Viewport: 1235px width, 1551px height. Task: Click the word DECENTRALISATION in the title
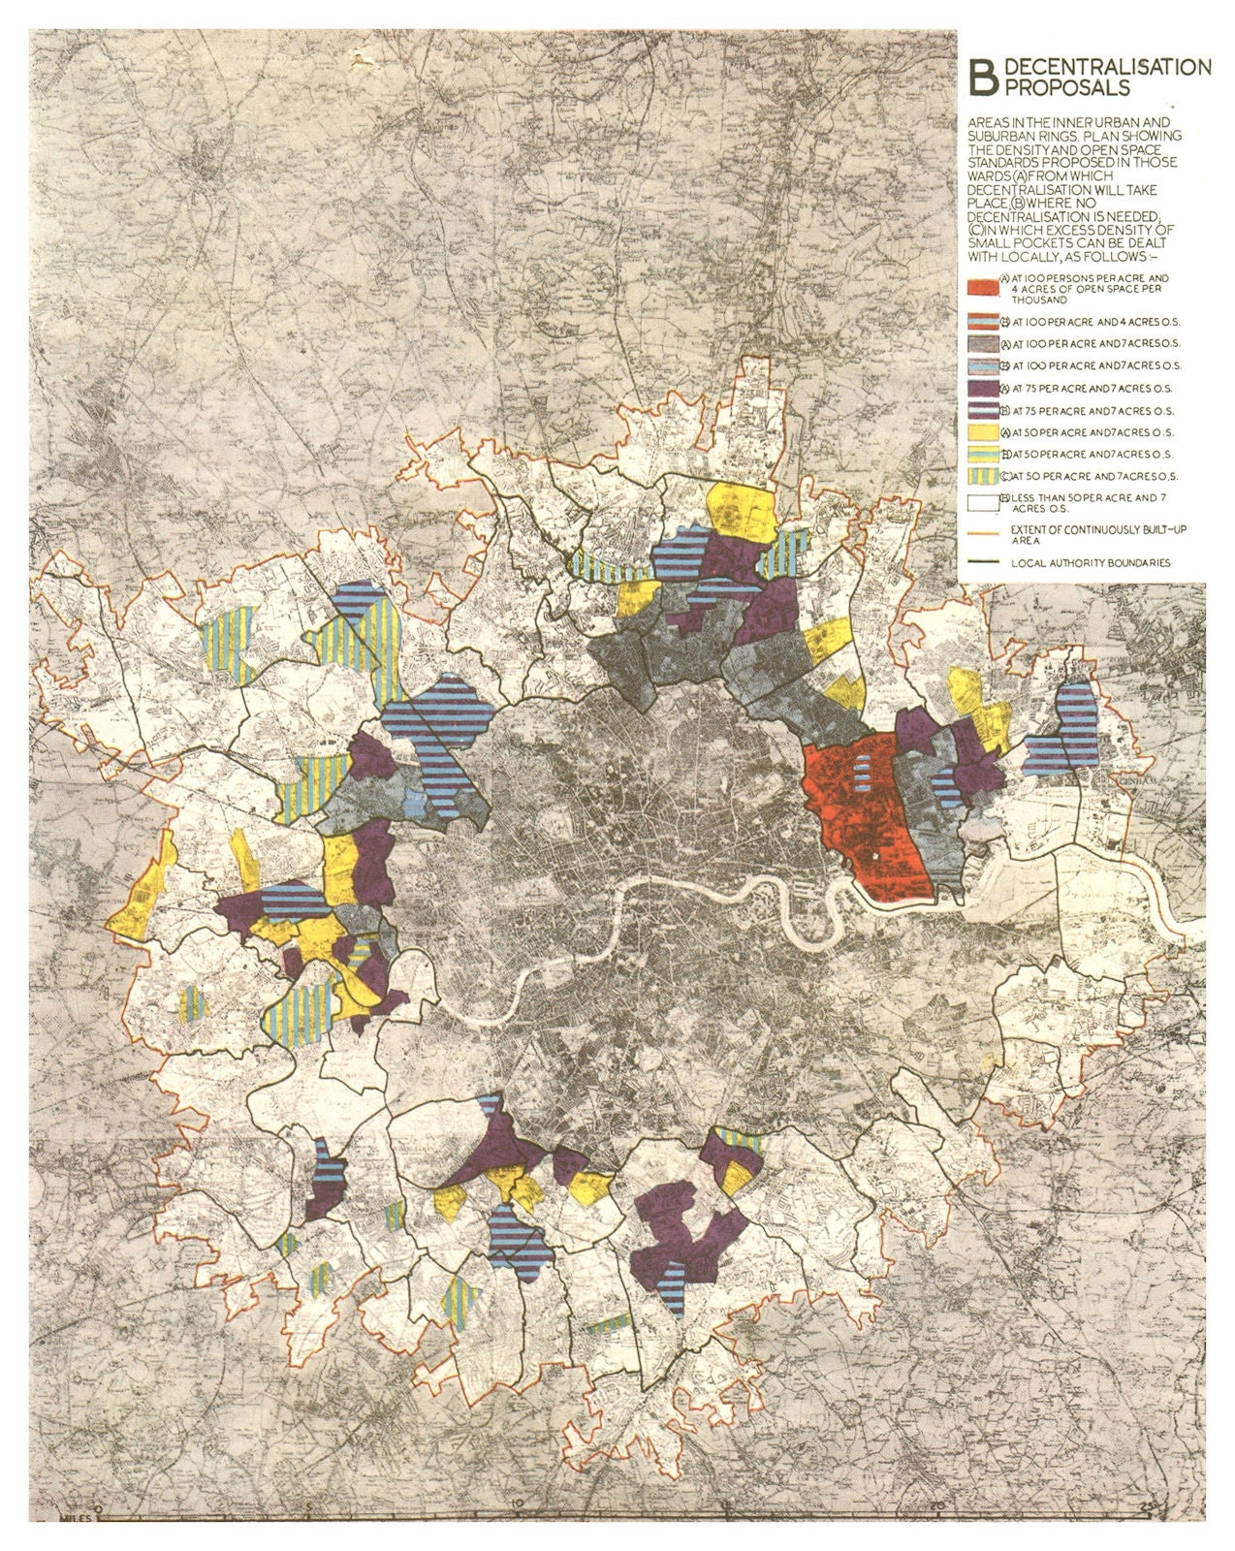[1108, 67]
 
